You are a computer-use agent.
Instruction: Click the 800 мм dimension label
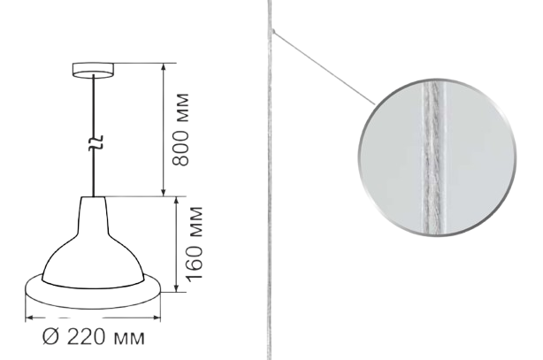(x=181, y=129)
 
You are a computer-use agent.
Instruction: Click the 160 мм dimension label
(x=194, y=243)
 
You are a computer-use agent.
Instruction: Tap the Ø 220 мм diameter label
(x=94, y=336)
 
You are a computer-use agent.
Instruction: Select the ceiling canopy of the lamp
(x=93, y=70)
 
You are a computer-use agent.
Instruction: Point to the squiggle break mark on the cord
(x=94, y=142)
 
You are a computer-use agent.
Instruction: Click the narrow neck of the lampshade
(x=93, y=216)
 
